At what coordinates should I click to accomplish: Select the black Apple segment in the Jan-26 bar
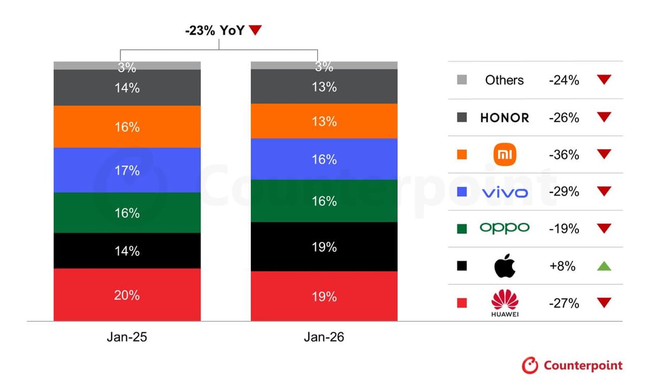point(324,247)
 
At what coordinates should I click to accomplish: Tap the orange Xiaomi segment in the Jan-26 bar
point(324,121)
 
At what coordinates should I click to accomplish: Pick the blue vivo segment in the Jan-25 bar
point(127,170)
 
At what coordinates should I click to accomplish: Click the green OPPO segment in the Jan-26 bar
point(324,201)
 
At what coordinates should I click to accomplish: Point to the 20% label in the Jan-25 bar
point(127,295)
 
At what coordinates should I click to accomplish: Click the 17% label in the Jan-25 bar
point(127,171)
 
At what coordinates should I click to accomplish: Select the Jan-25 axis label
point(127,337)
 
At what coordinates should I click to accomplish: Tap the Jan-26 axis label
point(324,337)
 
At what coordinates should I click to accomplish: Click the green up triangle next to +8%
point(604,266)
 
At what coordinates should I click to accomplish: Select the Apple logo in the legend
point(505,266)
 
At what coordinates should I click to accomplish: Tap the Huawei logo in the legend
point(505,304)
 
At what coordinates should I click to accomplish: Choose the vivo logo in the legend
point(505,192)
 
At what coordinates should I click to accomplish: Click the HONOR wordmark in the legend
point(505,118)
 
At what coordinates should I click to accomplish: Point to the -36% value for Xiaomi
point(563,155)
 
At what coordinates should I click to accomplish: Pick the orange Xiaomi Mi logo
point(505,155)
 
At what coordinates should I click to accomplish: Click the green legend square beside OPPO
point(462,229)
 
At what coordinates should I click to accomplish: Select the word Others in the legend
point(505,80)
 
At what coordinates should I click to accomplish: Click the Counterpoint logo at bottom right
point(572,366)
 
